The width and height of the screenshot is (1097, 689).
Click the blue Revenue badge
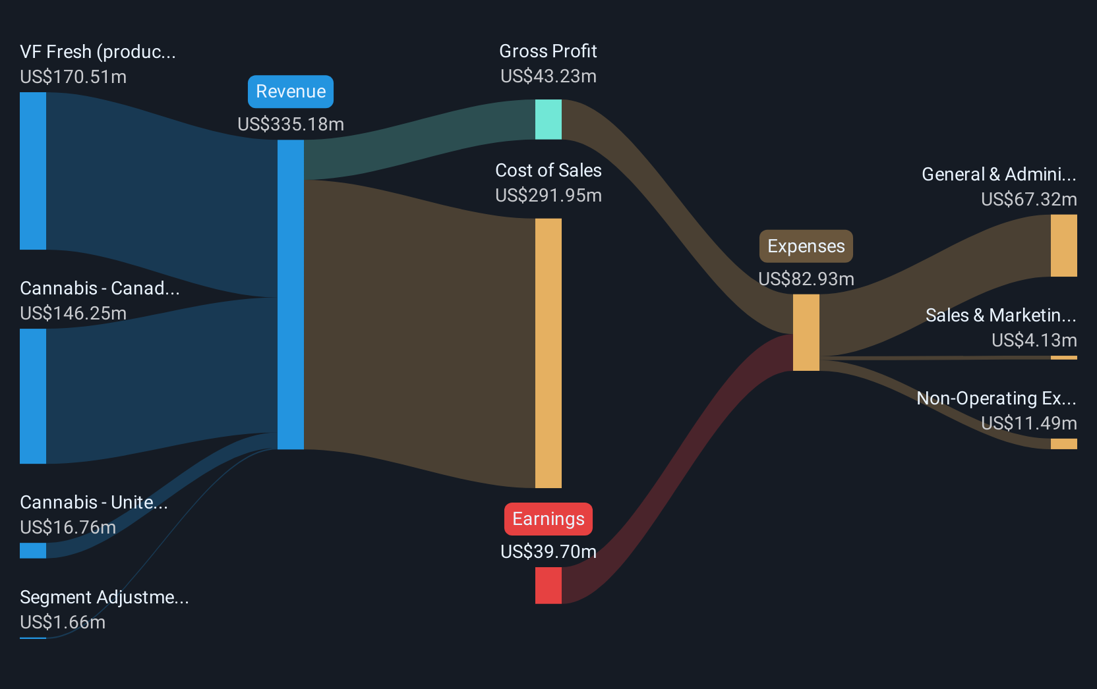pyautogui.click(x=291, y=92)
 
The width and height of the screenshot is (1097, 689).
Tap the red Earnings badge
pyautogui.click(x=548, y=518)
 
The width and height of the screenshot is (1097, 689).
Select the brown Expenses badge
pyautogui.click(x=806, y=246)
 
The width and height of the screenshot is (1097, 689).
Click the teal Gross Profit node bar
pyautogui.click(x=548, y=119)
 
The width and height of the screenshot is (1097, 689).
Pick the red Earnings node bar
pyautogui.click(x=548, y=586)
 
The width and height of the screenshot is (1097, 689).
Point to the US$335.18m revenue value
pyautogui.click(x=291, y=124)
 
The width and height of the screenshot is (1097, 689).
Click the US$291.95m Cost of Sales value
pyautogui.click(x=548, y=196)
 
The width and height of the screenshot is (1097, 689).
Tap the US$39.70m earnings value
pyautogui.click(x=548, y=552)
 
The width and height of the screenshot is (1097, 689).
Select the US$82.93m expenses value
pyautogui.click(x=806, y=279)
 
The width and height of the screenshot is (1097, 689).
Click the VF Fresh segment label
pyautogui.click(x=98, y=52)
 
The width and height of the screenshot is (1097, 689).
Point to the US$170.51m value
pyautogui.click(x=73, y=77)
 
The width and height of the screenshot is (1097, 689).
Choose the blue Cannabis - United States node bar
pyautogui.click(x=33, y=551)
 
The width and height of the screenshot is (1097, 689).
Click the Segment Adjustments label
pyautogui.click(x=104, y=597)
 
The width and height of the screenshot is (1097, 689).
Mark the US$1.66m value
pyautogui.click(x=63, y=622)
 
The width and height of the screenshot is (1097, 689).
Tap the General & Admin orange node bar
pyautogui.click(x=1063, y=246)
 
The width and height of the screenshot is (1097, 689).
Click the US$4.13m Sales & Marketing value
pyautogui.click(x=1034, y=340)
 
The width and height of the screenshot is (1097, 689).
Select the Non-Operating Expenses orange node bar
pyautogui.click(x=1063, y=444)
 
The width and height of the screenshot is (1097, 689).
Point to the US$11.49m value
pyautogui.click(x=1029, y=424)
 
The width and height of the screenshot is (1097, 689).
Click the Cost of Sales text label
pyautogui.click(x=548, y=171)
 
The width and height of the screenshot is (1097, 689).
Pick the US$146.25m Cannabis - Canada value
pyautogui.click(x=73, y=313)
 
